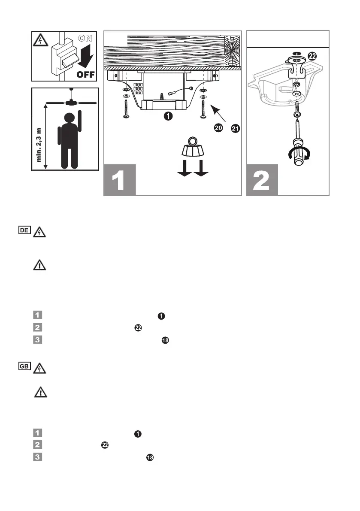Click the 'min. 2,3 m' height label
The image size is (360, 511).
[40, 142]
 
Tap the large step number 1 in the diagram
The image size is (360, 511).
[120, 180]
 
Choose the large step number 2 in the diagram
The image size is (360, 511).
[262, 180]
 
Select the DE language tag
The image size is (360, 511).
[24, 230]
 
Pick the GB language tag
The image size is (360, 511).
[24, 368]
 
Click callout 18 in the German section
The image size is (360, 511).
[165, 341]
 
